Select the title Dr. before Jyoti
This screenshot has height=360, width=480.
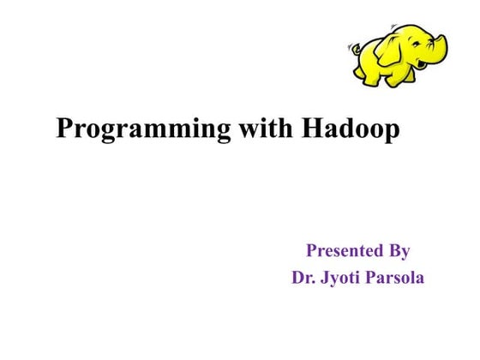click(x=304, y=278)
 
